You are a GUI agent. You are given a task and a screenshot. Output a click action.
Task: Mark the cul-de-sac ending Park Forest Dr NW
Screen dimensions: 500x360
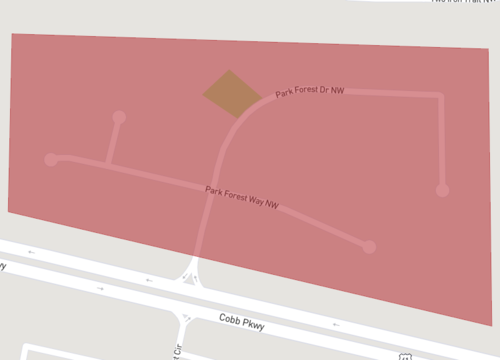[x=442, y=189]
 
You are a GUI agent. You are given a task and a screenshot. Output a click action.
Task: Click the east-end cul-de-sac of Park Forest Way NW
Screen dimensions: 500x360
[x=369, y=246]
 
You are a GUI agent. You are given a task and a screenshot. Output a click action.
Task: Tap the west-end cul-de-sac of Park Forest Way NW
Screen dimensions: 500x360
[x=51, y=159]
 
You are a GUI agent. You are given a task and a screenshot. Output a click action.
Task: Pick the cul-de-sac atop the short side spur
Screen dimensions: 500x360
[x=119, y=117]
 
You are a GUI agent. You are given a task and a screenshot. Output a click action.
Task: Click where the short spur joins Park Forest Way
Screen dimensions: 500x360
[x=108, y=166]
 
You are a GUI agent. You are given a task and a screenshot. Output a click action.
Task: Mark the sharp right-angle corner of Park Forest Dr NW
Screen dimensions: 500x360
[x=439, y=96]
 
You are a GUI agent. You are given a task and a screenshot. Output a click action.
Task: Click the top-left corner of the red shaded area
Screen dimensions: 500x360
[x=12, y=34]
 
